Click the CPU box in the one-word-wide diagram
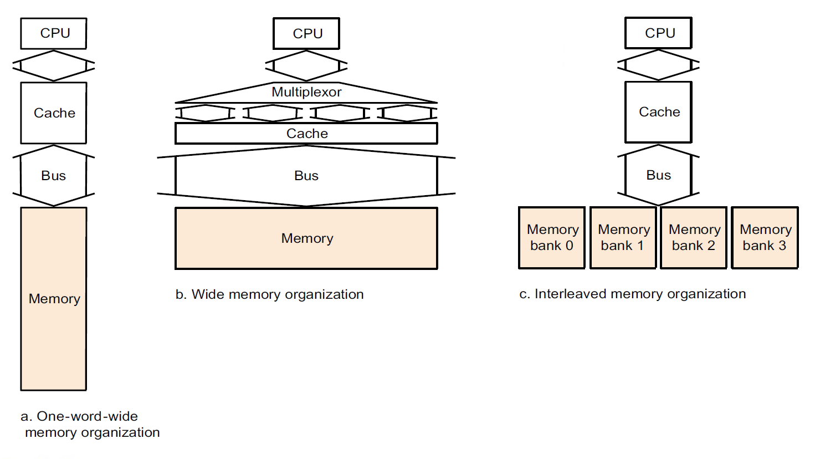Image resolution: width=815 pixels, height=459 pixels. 54,33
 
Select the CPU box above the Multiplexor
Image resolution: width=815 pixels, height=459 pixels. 306,33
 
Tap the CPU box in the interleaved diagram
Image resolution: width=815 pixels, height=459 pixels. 658,33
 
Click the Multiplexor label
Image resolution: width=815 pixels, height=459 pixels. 306,92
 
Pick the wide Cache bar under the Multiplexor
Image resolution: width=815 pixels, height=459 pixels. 306,134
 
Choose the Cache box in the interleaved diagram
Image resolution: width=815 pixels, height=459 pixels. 658,112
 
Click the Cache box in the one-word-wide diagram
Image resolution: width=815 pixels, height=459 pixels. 54,113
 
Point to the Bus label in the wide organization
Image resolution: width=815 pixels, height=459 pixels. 306,176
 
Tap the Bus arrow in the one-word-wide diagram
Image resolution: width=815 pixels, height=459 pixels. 54,176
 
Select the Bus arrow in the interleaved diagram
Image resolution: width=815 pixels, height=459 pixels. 658,175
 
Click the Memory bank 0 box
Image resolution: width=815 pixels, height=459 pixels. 552,238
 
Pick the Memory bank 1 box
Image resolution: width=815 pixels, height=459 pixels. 623,238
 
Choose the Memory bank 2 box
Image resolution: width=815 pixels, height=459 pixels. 694,238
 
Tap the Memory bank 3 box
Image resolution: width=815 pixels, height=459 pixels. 765,238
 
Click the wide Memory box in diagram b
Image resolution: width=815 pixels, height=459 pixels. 306,238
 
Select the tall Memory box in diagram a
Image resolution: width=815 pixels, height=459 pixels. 54,299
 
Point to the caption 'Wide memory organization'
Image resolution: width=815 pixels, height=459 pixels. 277,294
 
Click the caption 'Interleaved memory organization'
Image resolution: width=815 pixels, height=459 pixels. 640,294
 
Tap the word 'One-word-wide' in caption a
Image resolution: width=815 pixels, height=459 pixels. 87,416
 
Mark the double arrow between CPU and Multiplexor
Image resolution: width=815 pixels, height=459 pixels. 306,66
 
